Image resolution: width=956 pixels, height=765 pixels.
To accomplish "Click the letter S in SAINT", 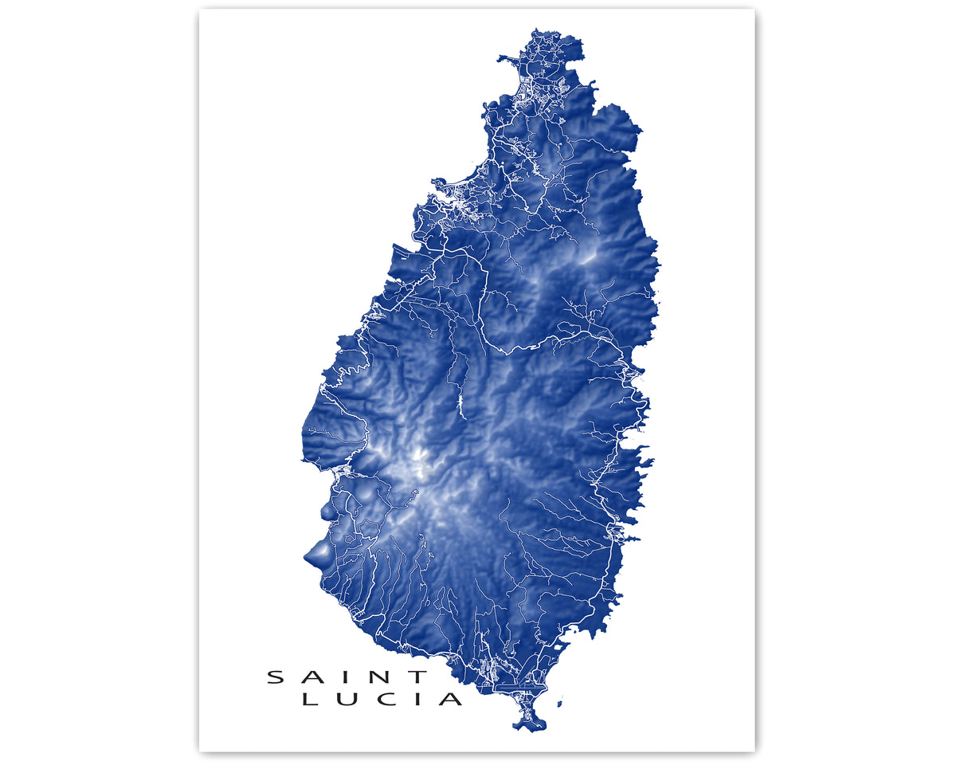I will pyautogui.click(x=275, y=677).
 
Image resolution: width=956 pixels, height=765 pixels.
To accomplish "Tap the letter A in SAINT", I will pyautogui.click(x=312, y=677).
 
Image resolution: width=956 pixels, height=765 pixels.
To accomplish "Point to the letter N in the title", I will pyautogui.click(x=378, y=677).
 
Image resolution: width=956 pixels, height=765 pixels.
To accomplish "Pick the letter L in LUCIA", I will pyautogui.click(x=311, y=700).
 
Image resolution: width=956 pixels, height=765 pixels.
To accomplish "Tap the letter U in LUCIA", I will pyautogui.click(x=347, y=700).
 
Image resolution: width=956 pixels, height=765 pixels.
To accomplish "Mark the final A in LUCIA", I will pyautogui.click(x=451, y=700).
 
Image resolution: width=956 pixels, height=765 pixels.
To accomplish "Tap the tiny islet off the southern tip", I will pyautogui.click(x=562, y=703).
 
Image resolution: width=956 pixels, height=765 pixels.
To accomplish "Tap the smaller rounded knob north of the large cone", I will pyautogui.click(x=327, y=508).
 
